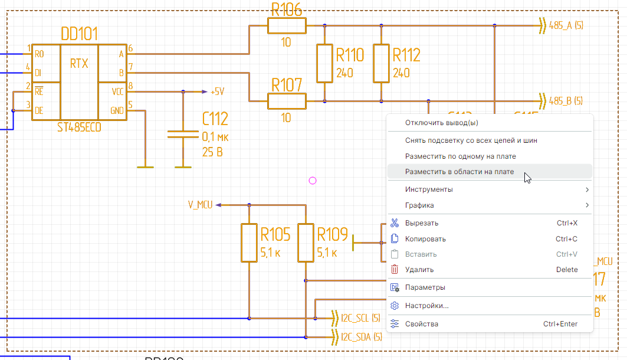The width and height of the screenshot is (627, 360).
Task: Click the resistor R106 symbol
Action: [287, 26]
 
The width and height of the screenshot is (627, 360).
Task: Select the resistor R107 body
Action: [287, 102]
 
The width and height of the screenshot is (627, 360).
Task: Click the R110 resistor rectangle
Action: [324, 64]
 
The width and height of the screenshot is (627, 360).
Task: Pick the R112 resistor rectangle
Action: [381, 64]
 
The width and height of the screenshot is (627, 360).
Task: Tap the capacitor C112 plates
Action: [183, 134]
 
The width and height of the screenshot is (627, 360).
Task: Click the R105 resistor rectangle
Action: [249, 243]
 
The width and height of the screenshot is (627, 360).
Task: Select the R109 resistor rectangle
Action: [306, 243]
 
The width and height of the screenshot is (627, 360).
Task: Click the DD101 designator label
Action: [79, 33]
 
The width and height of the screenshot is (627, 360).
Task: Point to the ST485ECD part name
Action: [79, 127]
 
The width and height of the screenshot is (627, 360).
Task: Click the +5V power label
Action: [217, 92]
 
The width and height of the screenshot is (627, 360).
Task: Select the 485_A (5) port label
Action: [565, 26]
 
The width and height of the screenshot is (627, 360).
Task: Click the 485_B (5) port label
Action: [565, 101]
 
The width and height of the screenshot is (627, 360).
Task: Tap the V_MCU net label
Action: [201, 205]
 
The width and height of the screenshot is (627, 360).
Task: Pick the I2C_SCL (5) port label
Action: [360, 319]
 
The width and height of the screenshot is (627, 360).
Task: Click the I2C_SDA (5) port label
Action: [361, 338]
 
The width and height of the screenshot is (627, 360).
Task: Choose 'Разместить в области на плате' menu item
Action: [459, 172]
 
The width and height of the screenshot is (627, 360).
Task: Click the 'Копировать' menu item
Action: [425, 239]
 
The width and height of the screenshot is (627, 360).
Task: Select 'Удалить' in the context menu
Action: [419, 270]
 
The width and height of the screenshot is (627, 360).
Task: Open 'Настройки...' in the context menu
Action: [427, 306]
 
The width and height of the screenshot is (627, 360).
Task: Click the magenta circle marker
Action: [313, 181]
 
